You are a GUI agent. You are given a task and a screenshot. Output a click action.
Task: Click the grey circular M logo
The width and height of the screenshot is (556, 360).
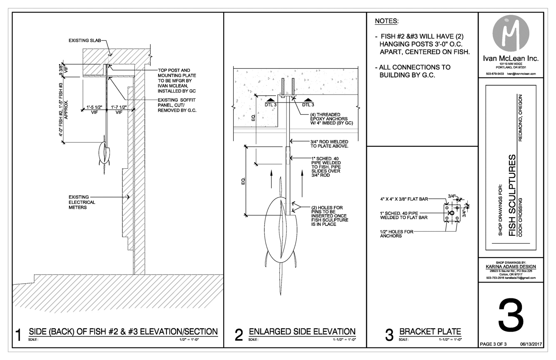pyautogui.click(x=511, y=33)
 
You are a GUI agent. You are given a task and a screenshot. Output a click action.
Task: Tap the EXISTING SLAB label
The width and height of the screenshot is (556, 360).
pyautogui.click(x=85, y=40)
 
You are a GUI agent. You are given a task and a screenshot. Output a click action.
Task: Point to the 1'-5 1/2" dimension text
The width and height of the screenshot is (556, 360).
pyautogui.click(x=94, y=107)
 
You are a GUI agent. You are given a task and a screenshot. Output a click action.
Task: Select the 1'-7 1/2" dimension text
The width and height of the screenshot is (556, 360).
pyautogui.click(x=119, y=107)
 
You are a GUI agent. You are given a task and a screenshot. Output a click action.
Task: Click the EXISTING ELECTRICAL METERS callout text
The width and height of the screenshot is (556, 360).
pyautogui.click(x=82, y=202)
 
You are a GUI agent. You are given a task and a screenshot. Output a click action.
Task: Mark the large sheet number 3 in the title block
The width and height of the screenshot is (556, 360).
pyautogui.click(x=511, y=318)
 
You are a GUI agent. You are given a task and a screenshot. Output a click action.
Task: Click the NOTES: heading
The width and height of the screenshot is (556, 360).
pyautogui.click(x=386, y=21)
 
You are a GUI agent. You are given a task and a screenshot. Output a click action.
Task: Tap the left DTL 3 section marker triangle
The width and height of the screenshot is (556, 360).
pyautogui.click(x=271, y=100)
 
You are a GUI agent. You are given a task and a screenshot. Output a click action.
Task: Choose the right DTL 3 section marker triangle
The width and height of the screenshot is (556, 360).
pyautogui.click(x=308, y=100)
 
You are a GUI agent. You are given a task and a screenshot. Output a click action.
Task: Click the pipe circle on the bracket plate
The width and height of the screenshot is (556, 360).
pyautogui.click(x=452, y=213)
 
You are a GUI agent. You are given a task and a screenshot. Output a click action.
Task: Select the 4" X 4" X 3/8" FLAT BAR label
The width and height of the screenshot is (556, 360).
pyautogui.click(x=404, y=199)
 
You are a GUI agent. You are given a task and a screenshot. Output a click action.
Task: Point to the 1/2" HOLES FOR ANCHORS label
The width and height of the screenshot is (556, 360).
pyautogui.click(x=396, y=234)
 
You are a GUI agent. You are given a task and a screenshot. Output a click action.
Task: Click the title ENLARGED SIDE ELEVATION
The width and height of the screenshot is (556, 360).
pyautogui.click(x=302, y=331)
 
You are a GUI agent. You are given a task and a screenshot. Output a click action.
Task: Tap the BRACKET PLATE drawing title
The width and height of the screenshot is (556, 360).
pyautogui.click(x=430, y=331)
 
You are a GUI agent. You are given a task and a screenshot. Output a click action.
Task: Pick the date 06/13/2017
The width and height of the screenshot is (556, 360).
pyautogui.click(x=531, y=344)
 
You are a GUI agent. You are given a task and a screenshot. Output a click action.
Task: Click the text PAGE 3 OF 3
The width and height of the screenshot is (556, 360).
pyautogui.click(x=493, y=344)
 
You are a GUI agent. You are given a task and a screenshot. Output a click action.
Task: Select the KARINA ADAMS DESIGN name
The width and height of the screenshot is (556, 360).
pyautogui.click(x=511, y=267)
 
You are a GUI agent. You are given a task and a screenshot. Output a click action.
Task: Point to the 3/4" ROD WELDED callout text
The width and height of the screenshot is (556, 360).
pyautogui.click(x=329, y=144)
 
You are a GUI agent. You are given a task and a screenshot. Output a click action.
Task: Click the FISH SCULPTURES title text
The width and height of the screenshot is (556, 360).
pyautogui.click(x=512, y=195)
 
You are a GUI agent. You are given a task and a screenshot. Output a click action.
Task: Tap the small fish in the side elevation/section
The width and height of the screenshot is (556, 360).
pyautogui.click(x=105, y=154)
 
